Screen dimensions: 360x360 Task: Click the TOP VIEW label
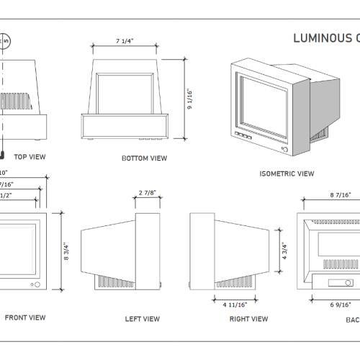[30, 156]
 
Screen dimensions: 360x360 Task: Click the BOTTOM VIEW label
[145, 158]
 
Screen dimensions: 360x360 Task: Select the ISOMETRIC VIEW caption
[287, 174]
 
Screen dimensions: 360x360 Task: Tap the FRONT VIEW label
[25, 318]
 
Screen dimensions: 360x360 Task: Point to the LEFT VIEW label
[143, 319]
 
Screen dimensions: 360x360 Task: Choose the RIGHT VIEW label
[248, 319]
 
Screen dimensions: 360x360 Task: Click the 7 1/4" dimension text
[127, 42]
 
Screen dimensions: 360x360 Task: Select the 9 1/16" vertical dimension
[189, 99]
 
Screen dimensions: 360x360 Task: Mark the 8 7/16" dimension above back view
[341, 195]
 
